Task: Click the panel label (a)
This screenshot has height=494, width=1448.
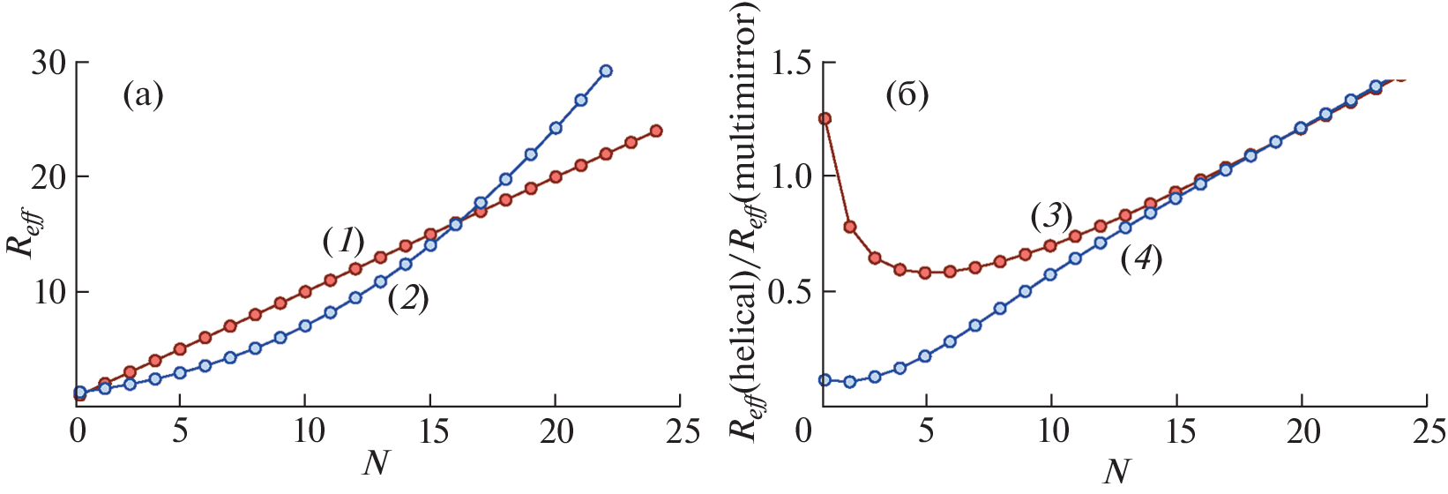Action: pos(143,94)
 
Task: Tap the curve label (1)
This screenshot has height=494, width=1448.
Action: pos(342,240)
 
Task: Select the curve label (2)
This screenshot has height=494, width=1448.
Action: pos(407,300)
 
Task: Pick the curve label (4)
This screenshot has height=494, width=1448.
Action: pos(1141,259)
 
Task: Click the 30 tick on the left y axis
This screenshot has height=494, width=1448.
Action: pos(49,64)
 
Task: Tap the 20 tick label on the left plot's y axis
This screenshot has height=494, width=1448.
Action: pos(49,177)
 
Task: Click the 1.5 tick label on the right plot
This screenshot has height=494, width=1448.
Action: pos(792,64)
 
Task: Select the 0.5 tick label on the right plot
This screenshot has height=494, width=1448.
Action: pos(792,292)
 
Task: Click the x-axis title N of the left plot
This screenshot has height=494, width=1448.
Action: pos(376,462)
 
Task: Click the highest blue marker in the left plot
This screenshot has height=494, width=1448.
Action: pos(606,71)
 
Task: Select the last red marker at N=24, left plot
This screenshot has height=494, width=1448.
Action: pos(656,131)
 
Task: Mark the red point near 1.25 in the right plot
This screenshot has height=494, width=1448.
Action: pos(825,118)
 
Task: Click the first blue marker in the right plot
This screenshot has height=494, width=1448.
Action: pos(825,380)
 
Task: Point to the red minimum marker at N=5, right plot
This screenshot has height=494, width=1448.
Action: pos(925,273)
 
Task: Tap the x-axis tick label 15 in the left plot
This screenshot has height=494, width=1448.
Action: pos(429,432)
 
